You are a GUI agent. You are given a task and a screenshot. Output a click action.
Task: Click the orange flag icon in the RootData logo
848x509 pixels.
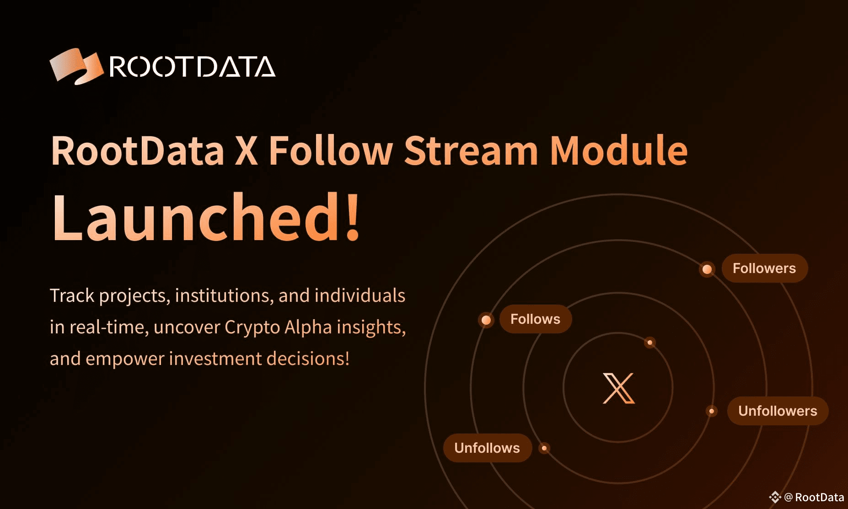coord(76,66)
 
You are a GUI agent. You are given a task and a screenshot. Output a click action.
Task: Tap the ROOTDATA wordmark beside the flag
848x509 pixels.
coord(192,67)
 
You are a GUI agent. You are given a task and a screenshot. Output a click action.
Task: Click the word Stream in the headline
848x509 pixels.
coord(471,150)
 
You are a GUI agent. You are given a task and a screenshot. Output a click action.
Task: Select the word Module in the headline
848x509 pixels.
coord(618,150)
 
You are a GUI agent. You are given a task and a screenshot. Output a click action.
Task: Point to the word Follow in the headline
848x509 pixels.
coord(330,150)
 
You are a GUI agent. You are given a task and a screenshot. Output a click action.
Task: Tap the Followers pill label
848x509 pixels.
coord(764,268)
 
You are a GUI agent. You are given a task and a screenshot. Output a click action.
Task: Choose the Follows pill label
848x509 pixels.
coord(535,319)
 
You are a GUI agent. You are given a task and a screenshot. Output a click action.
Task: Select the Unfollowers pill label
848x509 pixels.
coord(777,411)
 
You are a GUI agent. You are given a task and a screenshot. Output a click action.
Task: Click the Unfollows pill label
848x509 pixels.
coord(487,448)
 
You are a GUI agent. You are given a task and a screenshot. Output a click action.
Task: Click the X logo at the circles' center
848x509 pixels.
coord(618,388)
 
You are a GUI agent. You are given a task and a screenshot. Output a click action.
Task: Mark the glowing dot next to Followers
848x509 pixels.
coord(707,269)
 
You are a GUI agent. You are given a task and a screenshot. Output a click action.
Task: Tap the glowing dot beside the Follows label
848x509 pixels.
coord(486,320)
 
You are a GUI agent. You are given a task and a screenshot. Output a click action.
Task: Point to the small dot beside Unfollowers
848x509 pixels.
coord(711,411)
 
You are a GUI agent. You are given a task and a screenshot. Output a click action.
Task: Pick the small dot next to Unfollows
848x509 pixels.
coord(544,448)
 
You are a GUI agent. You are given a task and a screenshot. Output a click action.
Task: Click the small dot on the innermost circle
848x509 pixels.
coord(649,343)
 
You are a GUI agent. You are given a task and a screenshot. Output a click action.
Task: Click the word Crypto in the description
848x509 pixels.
coord(252,327)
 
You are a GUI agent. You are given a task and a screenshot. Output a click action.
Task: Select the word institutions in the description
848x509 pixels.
coord(224,296)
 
